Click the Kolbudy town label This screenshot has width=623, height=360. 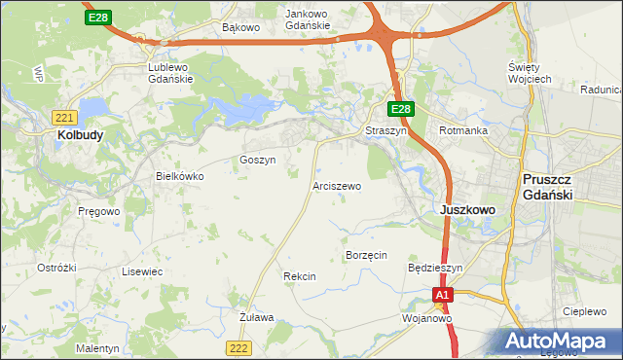click(x=81, y=136)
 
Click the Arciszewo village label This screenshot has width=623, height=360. click(x=337, y=185)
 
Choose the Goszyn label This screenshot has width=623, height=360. click(x=258, y=160)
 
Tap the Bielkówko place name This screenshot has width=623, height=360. click(x=180, y=177)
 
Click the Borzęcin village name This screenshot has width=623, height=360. click(x=367, y=255)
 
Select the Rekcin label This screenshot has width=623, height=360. click(x=300, y=276)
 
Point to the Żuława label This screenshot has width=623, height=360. click(x=257, y=317)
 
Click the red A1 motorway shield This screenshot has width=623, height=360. click(x=443, y=295)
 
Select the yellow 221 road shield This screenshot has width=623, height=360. click(x=60, y=115)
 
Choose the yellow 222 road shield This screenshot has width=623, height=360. click(x=238, y=347)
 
